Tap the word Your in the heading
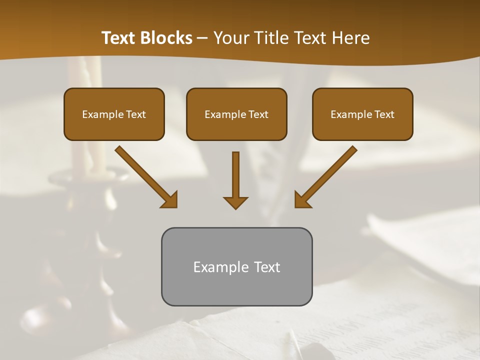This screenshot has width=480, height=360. pos(229,38)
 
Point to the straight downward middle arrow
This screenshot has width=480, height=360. pos(235,175)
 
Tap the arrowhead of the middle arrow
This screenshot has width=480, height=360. pos(235,202)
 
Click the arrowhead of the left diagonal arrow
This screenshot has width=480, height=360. pos(170,200)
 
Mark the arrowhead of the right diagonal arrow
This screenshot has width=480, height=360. pos(301,200)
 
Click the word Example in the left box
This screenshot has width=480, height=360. pos(100,114)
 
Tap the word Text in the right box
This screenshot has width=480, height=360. pos(384,114)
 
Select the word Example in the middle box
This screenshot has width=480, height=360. pos(222,114)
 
